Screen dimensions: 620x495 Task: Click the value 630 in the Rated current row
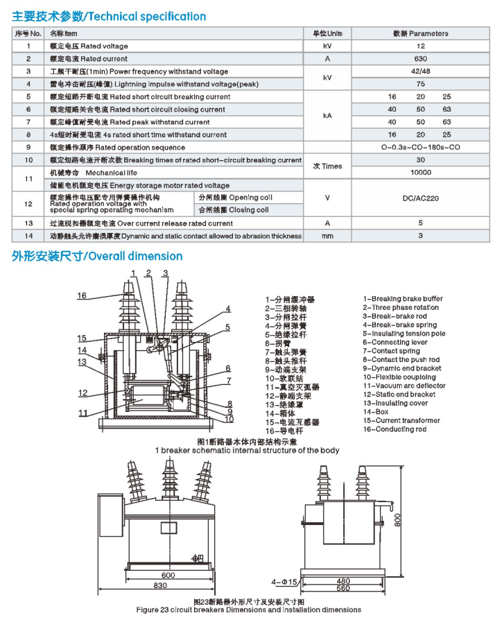tap(420, 59)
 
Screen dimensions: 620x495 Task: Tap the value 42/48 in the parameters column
tap(420, 71)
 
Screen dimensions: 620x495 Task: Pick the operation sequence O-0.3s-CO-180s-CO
tap(420, 147)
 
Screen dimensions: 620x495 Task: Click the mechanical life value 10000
tap(420, 173)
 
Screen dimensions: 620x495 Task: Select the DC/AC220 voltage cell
tap(420, 198)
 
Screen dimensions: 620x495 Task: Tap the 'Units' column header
tap(327, 33)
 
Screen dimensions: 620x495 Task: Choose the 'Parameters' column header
tap(420, 33)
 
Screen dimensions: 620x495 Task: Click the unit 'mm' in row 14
tap(327, 236)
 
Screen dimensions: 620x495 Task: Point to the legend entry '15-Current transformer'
tap(401, 420)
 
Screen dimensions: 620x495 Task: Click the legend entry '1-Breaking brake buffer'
tap(402, 299)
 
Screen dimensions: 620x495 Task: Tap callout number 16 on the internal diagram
tap(82, 296)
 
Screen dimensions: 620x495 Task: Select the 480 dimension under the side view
tap(343, 581)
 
